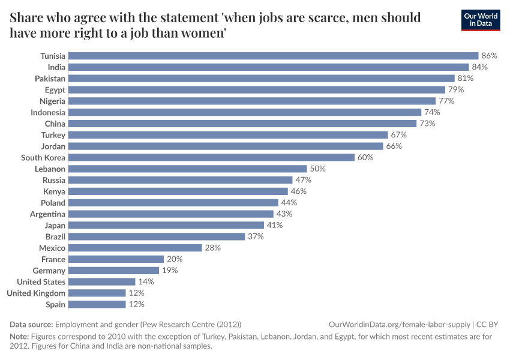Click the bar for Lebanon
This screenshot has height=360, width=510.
tap(188, 169)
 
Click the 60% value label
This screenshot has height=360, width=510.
tap(365, 158)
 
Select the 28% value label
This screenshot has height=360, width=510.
tap(213, 248)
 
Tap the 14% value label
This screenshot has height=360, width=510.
tap(146, 281)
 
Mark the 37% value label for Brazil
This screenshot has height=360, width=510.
tap(256, 236)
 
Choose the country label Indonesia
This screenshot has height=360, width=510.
tap(48, 112)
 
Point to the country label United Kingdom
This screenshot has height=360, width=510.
tap(36, 293)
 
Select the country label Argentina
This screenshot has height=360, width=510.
tap(48, 214)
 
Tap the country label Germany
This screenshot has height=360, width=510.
tap(50, 271)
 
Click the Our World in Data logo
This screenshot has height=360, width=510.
tap(481, 20)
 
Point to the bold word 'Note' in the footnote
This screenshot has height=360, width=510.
tap(20, 337)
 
